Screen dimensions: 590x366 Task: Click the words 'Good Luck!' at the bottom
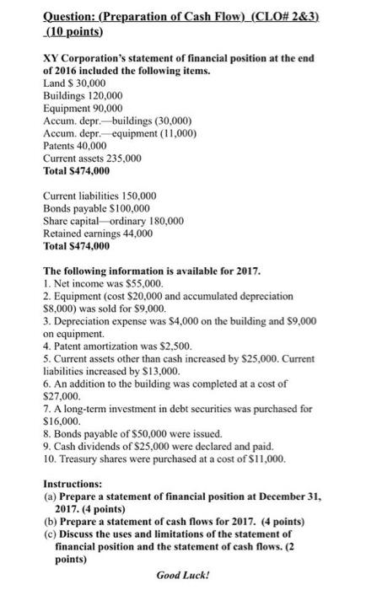click(181, 577)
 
